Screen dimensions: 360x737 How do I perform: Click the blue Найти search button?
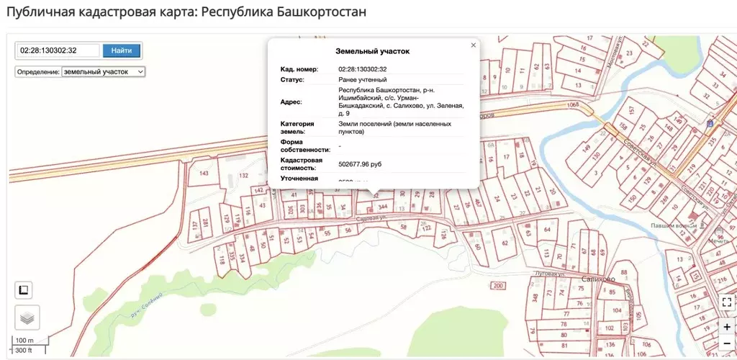point(122,50)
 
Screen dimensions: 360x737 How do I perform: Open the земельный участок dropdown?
point(104,72)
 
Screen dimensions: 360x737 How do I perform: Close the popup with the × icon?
point(473,45)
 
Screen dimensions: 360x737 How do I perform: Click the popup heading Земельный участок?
point(372,52)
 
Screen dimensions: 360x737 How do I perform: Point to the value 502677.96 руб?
point(360,165)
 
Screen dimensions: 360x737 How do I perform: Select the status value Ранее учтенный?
point(363,79)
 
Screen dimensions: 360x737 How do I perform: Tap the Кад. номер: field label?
point(299,69)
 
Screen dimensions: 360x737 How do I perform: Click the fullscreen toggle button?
point(727,302)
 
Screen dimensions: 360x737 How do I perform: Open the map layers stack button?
point(27,317)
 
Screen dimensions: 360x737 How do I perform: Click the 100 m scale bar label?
point(24,340)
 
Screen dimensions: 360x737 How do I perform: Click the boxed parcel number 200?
point(498,287)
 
